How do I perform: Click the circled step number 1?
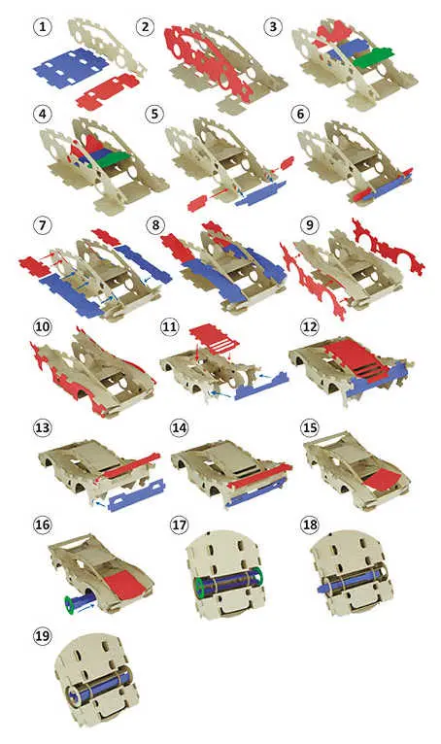pos(42,26)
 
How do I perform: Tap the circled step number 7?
pos(42,224)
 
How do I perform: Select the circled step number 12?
pos(310,327)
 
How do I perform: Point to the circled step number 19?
pos(42,635)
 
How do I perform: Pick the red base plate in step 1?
pos(107,90)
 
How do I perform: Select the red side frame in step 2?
pos(209,62)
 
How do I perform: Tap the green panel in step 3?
pos(373,57)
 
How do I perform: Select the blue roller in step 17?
pos(229,582)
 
